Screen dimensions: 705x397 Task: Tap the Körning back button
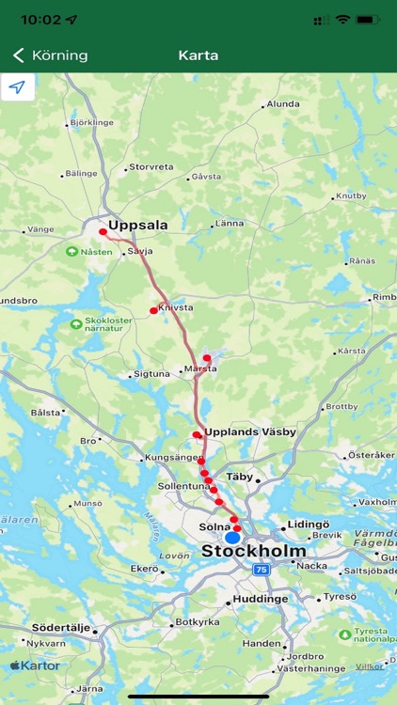51,55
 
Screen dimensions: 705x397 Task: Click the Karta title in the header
198,55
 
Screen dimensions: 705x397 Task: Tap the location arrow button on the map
18,87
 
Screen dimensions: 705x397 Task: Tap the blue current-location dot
232,537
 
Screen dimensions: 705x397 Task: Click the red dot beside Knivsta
153,310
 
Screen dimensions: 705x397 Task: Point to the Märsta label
200,368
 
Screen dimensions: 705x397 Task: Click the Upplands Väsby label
250,432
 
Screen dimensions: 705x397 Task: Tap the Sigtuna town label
152,374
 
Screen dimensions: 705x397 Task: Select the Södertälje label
61,627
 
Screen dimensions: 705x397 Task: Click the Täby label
241,477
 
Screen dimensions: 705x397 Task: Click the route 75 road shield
262,570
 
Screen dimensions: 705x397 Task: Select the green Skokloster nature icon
75,324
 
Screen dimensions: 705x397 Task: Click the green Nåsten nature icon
71,252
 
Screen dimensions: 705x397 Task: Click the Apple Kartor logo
35,666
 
